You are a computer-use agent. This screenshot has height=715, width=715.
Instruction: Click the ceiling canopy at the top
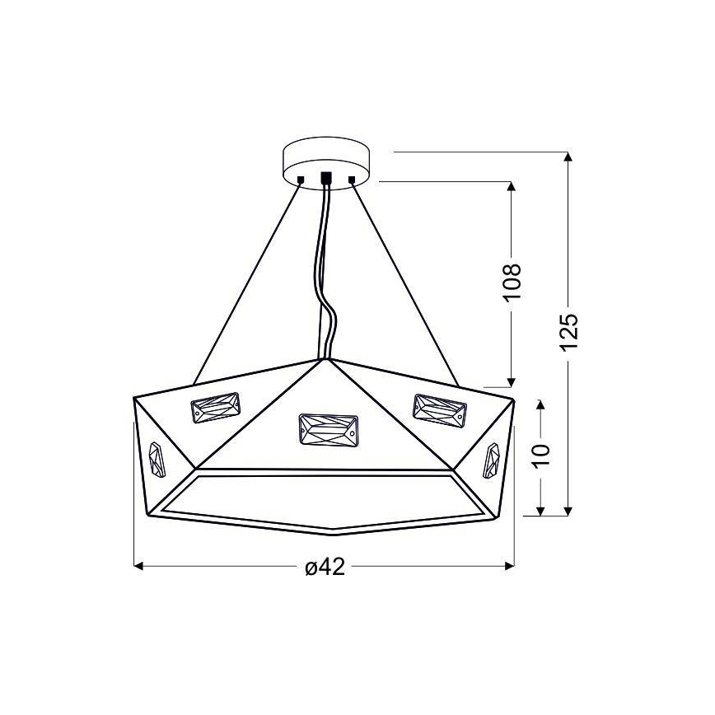pyautogui.click(x=326, y=160)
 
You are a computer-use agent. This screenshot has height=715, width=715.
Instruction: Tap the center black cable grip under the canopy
pyautogui.click(x=326, y=178)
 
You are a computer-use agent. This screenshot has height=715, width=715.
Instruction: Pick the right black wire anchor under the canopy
pyautogui.click(x=352, y=179)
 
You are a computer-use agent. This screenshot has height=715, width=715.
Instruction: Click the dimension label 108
pyautogui.click(x=512, y=283)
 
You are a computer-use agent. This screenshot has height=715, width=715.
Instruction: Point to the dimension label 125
pyautogui.click(x=568, y=333)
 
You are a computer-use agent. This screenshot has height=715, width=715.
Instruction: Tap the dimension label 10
pyautogui.click(x=540, y=451)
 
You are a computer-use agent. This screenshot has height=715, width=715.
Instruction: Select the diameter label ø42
pyautogui.click(x=324, y=568)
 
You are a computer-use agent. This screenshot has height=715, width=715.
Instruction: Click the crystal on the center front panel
pyautogui.click(x=327, y=429)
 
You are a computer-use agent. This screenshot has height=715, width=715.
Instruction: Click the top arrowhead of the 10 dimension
pyautogui.click(x=540, y=404)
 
